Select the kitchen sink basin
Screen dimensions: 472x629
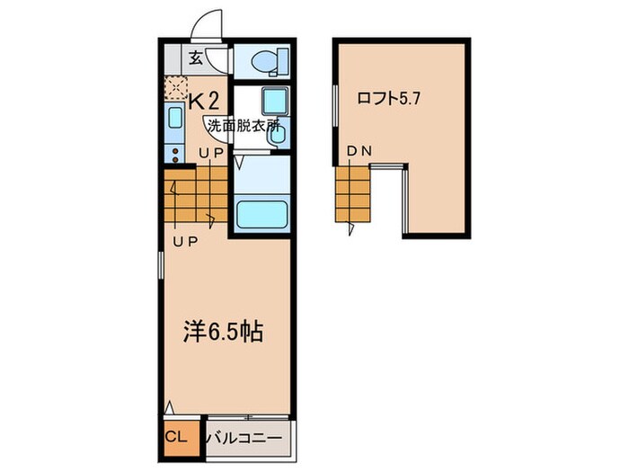tap(175, 117)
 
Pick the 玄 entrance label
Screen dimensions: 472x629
tap(194, 59)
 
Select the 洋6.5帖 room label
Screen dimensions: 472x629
tap(224, 332)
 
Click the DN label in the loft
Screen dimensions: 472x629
tap(359, 153)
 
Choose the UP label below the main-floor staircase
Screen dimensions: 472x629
tap(186, 242)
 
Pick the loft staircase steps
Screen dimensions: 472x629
tap(353, 196)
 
